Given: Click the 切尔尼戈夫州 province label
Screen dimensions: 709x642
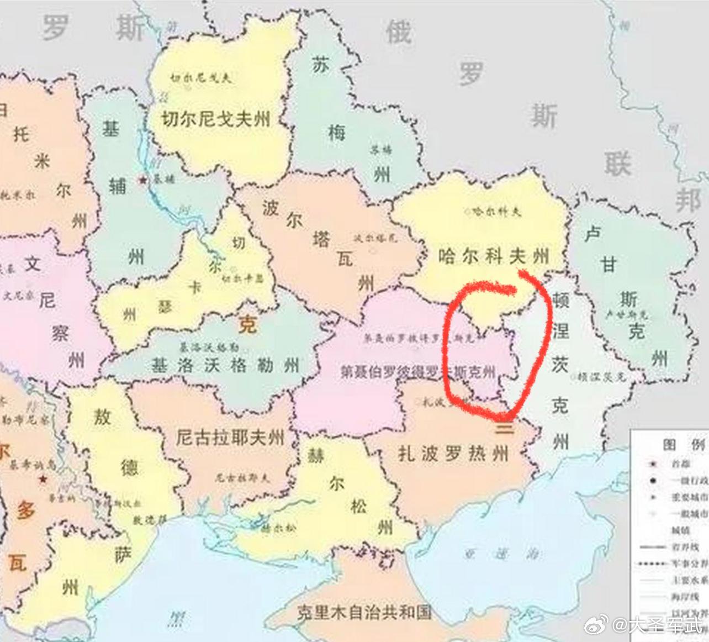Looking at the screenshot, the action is point(216,118).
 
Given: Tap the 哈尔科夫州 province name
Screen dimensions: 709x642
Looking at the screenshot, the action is point(494,256).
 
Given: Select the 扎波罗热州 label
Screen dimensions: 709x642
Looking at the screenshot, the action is point(453,454).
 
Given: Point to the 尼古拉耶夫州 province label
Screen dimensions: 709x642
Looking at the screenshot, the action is point(230,437).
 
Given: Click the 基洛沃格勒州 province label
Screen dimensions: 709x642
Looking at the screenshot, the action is point(226,365).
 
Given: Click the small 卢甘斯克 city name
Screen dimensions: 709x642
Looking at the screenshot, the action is point(626,315).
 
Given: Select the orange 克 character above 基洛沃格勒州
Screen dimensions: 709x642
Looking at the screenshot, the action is point(247,325).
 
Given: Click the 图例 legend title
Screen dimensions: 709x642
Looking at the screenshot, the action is point(684,445).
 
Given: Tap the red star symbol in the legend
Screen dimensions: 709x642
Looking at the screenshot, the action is point(653,464).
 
